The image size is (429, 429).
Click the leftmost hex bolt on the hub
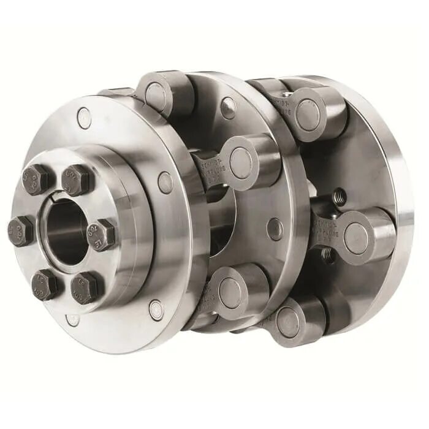point(20,230)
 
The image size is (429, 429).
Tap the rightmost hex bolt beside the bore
point(101,235)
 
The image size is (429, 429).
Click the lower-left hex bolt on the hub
point(45,283)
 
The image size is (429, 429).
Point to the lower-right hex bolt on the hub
point(85,286)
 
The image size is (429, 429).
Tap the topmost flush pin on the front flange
point(84,117)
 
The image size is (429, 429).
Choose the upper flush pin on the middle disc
point(228,108)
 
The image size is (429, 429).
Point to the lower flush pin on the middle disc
point(275,228)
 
